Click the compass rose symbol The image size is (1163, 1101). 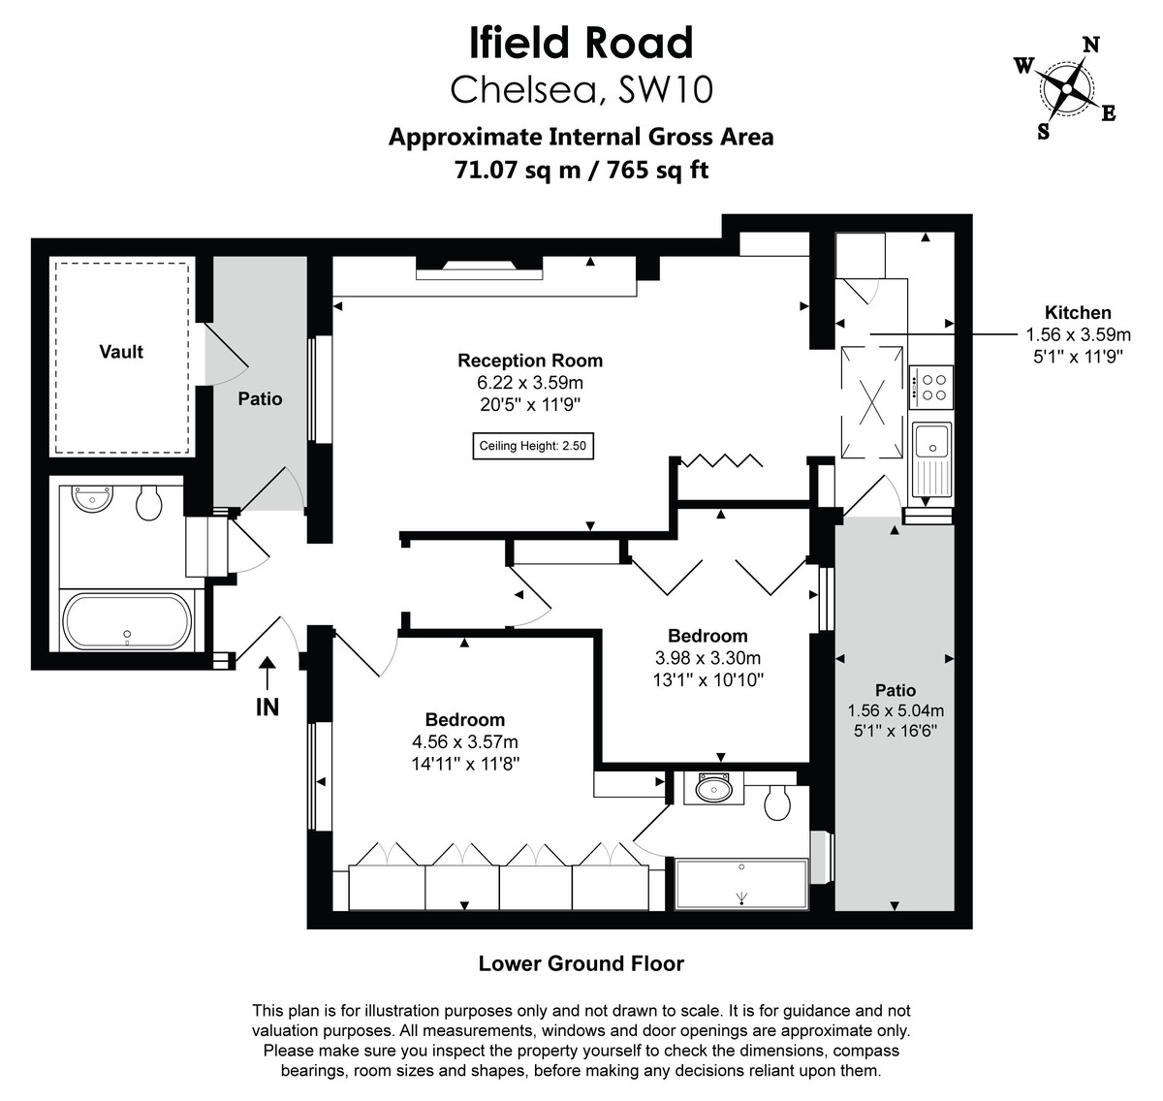pyautogui.click(x=1066, y=88)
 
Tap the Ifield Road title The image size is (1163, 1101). pyautogui.click(x=581, y=44)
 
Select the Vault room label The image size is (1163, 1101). pyautogui.click(x=121, y=352)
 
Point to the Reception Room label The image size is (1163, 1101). pyautogui.click(x=530, y=361)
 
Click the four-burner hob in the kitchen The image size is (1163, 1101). pyautogui.click(x=931, y=388)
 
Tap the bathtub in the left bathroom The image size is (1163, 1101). pyautogui.click(x=127, y=621)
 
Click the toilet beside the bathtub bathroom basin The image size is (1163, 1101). pyautogui.click(x=148, y=502)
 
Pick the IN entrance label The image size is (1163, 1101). pyautogui.click(x=267, y=708)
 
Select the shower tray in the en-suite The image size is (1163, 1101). pyautogui.click(x=741, y=884)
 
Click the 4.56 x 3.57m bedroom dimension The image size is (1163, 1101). pyautogui.click(x=465, y=742)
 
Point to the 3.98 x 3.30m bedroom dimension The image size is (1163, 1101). pyautogui.click(x=707, y=658)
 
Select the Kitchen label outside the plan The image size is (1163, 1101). pyautogui.click(x=1078, y=313)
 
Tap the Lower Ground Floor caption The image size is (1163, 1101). pyautogui.click(x=581, y=964)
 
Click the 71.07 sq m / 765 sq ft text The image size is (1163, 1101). pyautogui.click(x=581, y=170)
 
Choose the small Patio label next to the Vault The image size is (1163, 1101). pyautogui.click(x=260, y=398)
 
